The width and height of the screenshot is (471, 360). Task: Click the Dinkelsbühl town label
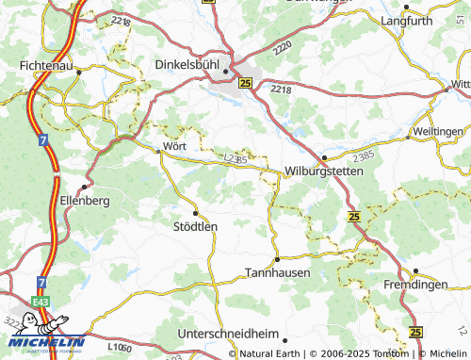(191, 66)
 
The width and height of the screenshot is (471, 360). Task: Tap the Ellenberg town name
(86, 202)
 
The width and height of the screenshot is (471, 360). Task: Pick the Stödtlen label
(196, 226)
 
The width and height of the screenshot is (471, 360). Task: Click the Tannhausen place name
(278, 272)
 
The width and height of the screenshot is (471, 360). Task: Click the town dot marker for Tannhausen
(277, 258)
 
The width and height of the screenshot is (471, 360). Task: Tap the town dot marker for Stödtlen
(195, 213)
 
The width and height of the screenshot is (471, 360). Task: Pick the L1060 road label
(120, 348)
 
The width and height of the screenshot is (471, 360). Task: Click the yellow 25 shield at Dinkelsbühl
(246, 83)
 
